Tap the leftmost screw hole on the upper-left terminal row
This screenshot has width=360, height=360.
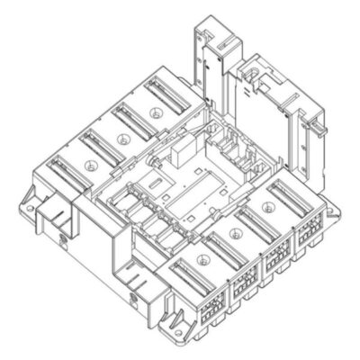[x=89, y=166]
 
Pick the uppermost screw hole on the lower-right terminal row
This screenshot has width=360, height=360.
[x=265, y=206]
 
